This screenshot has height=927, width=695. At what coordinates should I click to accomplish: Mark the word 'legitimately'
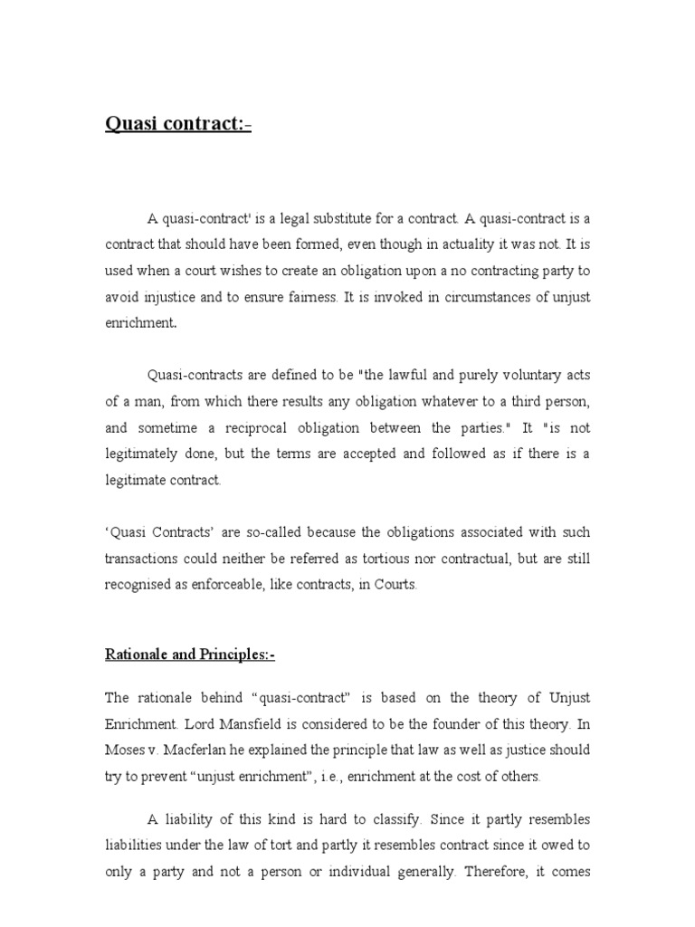click(x=146, y=454)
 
